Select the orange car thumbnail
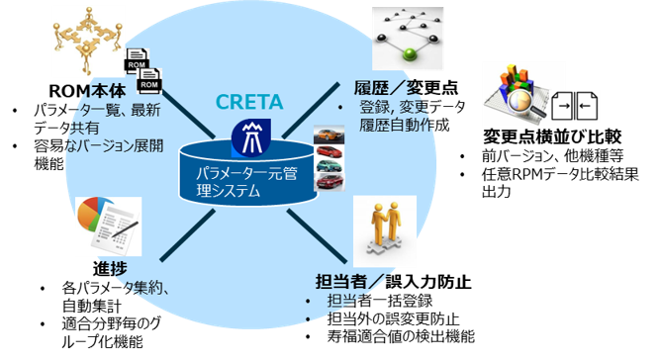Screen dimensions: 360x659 point(328,134)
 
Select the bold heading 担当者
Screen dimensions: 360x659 point(337,280)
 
